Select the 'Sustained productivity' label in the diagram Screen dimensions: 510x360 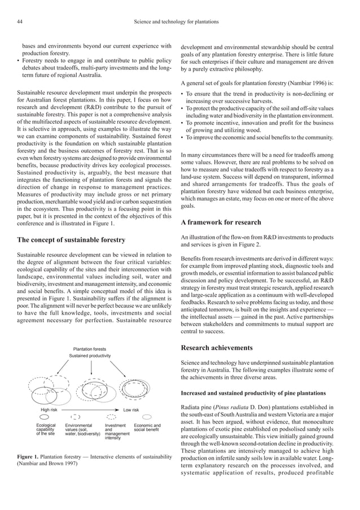click(x=90, y=357)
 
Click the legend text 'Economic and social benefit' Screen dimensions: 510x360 click(x=147, y=428)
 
